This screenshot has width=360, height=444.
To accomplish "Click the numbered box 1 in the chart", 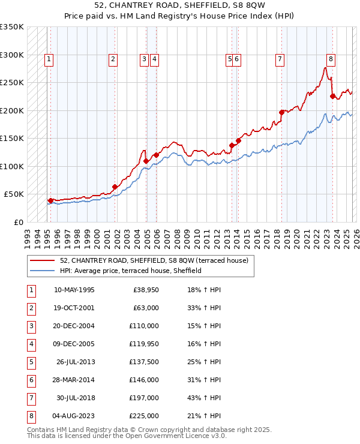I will pos(48,59).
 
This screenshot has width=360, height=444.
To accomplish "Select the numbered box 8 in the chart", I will pos(331,59).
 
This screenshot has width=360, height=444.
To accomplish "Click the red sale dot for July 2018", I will pos(281,112).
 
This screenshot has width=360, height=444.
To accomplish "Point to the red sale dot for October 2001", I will pos(115,187).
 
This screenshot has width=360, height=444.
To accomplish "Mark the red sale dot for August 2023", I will pos(332,96).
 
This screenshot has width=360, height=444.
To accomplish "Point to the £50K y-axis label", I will pos(14,194).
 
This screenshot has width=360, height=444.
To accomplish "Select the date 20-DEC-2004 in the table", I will pos(74,326).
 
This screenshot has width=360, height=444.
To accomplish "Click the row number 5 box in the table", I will pos(30,362).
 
